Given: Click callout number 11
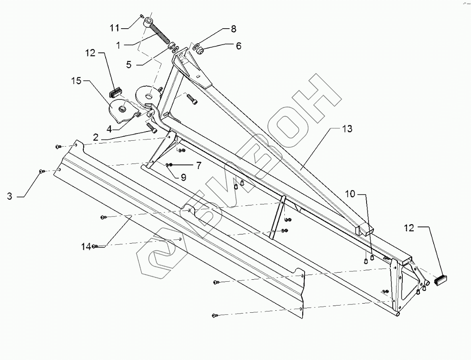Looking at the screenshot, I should point(114,27).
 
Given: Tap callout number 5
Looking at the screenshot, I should point(129,64).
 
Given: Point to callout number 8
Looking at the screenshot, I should point(234,29).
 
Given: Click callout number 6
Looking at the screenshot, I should point(238,46).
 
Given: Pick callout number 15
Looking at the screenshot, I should point(76,81).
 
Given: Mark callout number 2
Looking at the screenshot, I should point(96,137).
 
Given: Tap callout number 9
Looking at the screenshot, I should point(183,178).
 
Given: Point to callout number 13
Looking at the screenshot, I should point(347,129).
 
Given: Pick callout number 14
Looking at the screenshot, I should point(86,246).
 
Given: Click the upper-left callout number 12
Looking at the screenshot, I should point(91,53).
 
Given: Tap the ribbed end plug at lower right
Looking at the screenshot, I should point(441,281).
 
